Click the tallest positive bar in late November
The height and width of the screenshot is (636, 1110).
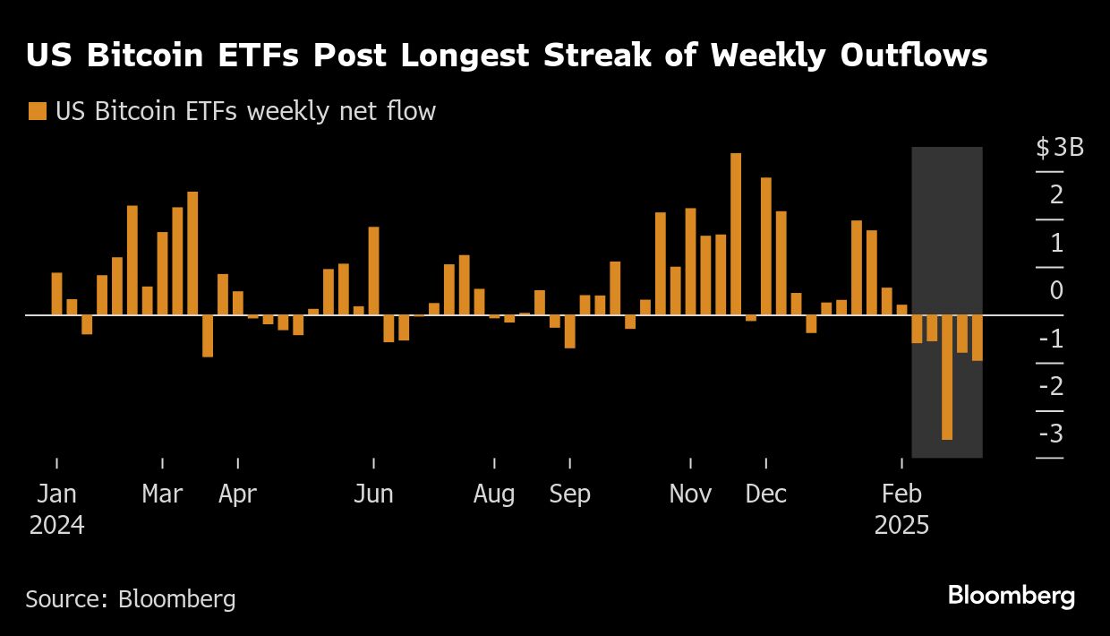(736, 234)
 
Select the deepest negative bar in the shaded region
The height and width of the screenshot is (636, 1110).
(947, 376)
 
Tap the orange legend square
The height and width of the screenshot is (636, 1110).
(38, 112)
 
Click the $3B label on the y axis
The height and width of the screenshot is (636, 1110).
(1060, 147)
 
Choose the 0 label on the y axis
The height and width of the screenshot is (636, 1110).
(1056, 290)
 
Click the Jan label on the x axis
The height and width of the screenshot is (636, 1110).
(57, 494)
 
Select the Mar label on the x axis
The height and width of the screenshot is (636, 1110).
(162, 494)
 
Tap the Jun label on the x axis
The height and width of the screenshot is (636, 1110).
(373, 494)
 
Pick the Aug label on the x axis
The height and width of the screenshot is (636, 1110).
(494, 494)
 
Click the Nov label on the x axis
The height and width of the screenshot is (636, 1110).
(690, 494)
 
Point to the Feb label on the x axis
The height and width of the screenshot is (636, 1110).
(901, 494)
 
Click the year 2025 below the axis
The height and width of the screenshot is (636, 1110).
(901, 525)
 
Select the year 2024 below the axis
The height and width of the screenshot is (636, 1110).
(57, 525)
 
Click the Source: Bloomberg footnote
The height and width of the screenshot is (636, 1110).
(131, 598)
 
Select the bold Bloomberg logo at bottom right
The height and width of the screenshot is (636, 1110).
(1012, 596)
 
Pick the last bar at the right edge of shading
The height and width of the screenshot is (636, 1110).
(977, 338)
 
